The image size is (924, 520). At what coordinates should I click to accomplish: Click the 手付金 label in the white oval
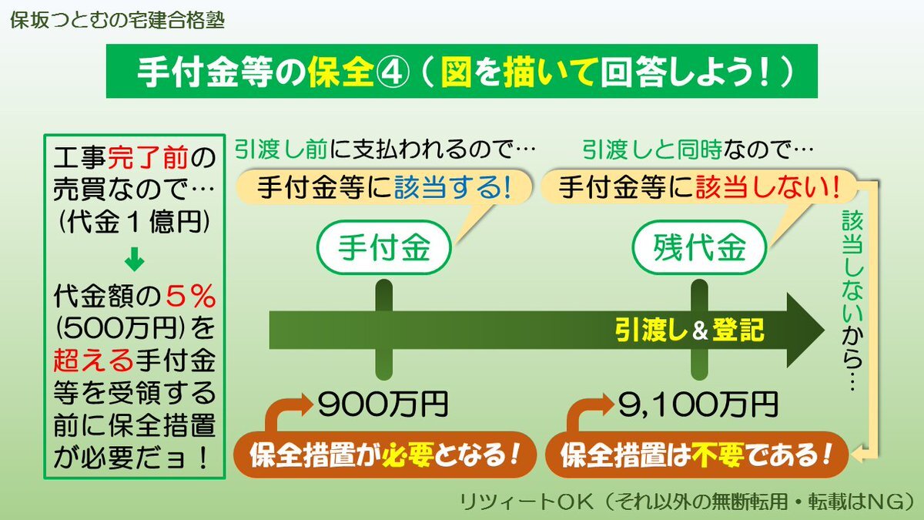point(384,247)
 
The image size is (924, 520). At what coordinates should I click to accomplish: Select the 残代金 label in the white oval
point(699,247)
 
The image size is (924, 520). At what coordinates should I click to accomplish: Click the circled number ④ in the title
point(393,72)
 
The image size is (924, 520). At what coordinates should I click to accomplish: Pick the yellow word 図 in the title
point(456,72)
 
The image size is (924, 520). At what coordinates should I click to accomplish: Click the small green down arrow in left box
point(135,259)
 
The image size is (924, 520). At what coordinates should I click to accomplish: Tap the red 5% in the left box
point(191,296)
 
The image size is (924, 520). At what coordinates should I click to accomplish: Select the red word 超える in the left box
point(93,360)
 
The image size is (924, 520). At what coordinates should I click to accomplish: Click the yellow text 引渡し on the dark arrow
point(651,330)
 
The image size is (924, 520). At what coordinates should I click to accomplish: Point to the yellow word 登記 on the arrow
point(738,330)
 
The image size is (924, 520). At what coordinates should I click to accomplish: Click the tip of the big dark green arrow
point(824,330)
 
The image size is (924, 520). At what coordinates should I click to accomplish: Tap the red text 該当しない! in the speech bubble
point(768,187)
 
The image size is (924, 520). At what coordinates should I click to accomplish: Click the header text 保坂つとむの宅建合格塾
point(118,20)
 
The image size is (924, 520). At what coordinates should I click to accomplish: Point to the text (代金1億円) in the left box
point(135,222)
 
